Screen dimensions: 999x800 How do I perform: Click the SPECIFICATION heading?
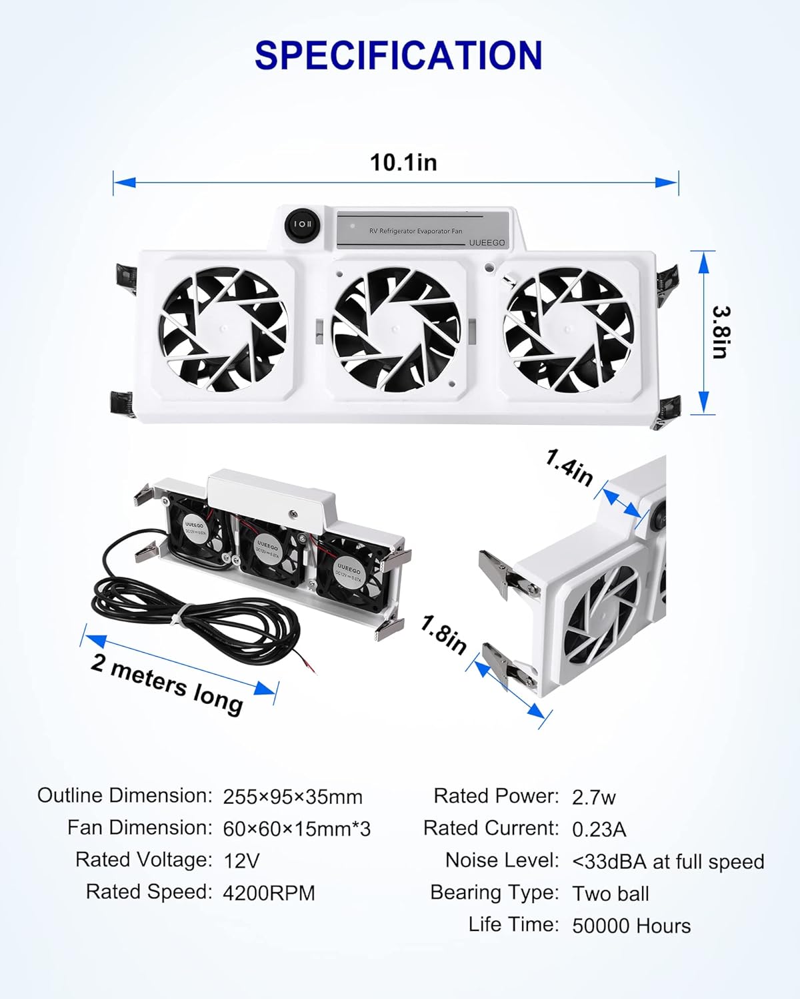tap(399, 55)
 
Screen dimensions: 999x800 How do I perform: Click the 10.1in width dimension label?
tap(403, 163)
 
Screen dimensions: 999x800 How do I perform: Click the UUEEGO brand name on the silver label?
tap(487, 242)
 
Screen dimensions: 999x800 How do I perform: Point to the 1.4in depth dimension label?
tap(569, 468)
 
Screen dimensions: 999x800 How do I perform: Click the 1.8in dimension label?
tap(443, 635)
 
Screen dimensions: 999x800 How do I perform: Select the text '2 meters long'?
tap(167, 683)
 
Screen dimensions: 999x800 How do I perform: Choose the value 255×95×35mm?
tap(293, 797)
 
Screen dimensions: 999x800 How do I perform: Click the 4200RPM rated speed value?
tap(269, 893)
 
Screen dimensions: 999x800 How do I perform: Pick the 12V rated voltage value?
tap(241, 860)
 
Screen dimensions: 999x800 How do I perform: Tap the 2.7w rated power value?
tap(593, 797)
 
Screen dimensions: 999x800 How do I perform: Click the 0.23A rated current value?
tap(599, 829)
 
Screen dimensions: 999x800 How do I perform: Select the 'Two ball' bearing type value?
tap(610, 894)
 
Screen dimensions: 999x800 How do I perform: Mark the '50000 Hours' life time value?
tap(631, 926)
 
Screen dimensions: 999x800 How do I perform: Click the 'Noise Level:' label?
tap(501, 860)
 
